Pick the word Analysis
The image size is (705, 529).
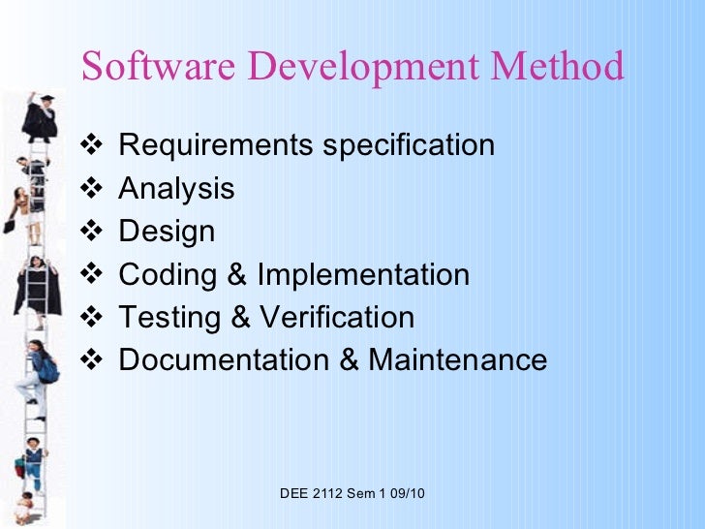click(176, 189)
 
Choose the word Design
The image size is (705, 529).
click(167, 233)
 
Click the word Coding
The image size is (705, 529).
click(167, 275)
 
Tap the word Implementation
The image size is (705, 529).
click(363, 275)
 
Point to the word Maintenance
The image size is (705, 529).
click(458, 360)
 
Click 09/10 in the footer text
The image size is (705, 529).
click(407, 494)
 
